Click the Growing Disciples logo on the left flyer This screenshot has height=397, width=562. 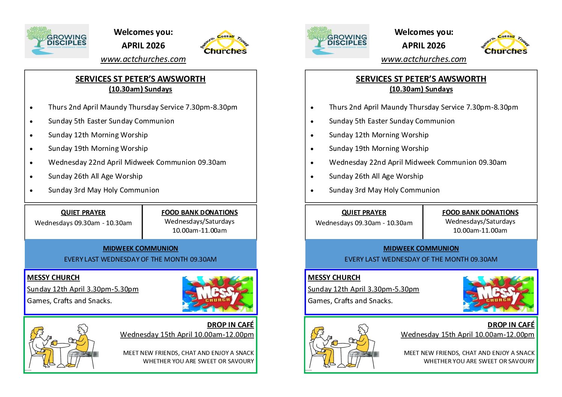[57, 41]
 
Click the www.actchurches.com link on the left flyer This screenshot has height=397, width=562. [143, 59]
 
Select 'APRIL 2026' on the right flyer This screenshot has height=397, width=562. [423, 46]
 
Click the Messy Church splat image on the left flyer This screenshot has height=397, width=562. [217, 294]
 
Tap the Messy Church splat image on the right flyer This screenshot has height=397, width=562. [498, 294]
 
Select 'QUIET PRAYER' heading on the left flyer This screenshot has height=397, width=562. [83, 213]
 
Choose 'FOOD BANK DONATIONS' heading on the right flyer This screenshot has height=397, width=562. [480, 212]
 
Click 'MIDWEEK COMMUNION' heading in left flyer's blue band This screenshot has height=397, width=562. [140, 248]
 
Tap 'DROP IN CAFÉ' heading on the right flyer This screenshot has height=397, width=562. [511, 325]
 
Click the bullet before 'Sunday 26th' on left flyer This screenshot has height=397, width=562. [32, 177]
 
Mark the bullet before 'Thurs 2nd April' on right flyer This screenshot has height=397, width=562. [312, 108]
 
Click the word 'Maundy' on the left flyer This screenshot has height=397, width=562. [114, 107]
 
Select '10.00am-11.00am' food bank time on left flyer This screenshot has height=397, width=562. [199, 230]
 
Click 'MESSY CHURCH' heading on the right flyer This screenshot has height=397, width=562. [334, 278]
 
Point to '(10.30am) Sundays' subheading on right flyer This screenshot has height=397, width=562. [421, 89]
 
